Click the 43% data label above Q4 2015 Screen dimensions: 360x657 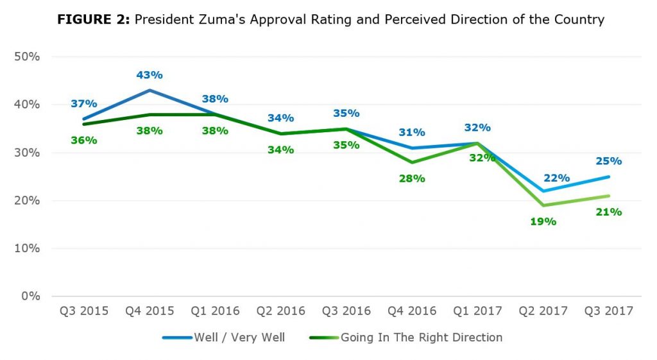(x=149, y=75)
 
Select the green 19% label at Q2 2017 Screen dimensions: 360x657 (x=543, y=222)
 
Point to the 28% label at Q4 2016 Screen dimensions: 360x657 (x=412, y=178)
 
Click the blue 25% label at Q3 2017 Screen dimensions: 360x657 (x=609, y=161)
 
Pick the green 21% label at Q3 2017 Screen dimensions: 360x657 (x=608, y=212)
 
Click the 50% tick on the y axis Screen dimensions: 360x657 (x=27, y=56)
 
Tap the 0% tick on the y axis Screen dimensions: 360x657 (x=30, y=296)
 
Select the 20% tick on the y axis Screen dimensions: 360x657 (x=27, y=201)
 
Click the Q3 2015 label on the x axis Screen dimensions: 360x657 (x=83, y=311)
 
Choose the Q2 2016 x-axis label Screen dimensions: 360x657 (x=280, y=311)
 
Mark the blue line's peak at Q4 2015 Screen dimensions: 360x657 (x=149, y=90)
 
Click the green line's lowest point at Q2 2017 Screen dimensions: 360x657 (x=543, y=205)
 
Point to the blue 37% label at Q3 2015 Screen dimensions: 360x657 (x=83, y=104)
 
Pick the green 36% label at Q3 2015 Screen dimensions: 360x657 (x=83, y=140)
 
